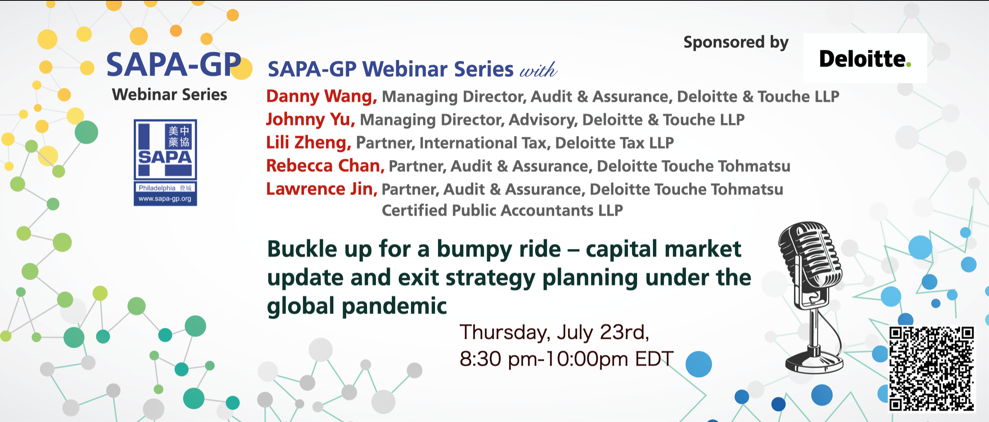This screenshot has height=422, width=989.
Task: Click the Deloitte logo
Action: pos(865,58)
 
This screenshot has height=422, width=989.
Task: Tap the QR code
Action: pos(932,369)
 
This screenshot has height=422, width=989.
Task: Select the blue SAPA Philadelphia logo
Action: pos(165,162)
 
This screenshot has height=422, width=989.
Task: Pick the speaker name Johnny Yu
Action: pos(310,119)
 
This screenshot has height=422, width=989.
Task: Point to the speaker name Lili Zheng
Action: pos(309,143)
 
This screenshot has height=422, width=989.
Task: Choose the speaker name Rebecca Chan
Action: pos(325,166)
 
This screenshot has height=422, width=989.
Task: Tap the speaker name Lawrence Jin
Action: pos(321,189)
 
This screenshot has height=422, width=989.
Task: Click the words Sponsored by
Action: pos(736,43)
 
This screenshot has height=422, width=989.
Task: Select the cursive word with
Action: pos(538,70)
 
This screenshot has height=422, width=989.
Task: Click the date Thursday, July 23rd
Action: pos(554,332)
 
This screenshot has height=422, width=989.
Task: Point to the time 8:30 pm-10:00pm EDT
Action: pos(567,359)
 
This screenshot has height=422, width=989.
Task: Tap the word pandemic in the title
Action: pos(394,306)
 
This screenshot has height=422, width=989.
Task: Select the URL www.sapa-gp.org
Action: pos(165,199)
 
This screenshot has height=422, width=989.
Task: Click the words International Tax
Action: pos(484,143)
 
